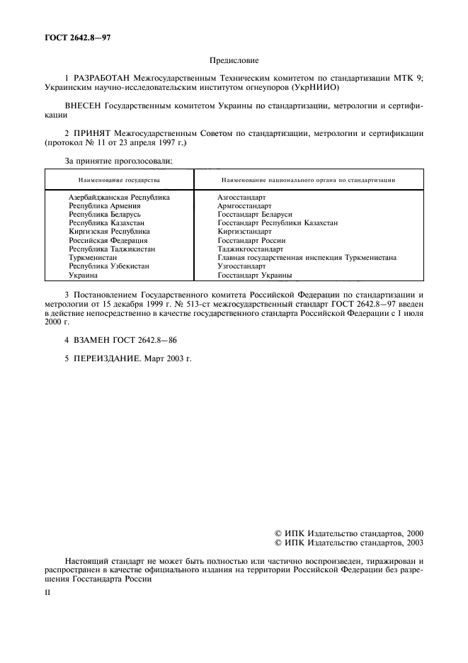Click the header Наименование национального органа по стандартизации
pos(308,181)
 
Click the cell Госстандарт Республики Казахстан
pos(277,222)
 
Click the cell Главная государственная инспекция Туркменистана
pos(307,258)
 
